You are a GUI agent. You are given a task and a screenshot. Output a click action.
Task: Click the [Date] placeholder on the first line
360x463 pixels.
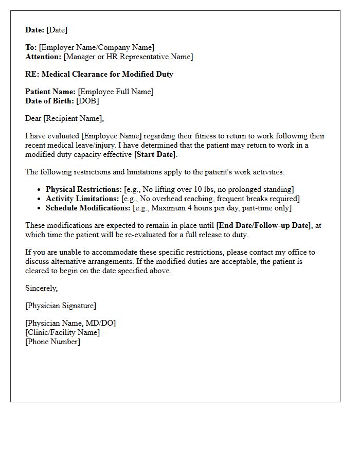click(57, 30)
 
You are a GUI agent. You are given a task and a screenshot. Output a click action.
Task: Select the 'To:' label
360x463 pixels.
click(31, 48)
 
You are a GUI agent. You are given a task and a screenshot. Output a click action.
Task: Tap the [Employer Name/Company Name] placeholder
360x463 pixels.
click(97, 48)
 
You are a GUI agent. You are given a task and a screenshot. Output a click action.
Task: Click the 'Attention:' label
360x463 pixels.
click(43, 57)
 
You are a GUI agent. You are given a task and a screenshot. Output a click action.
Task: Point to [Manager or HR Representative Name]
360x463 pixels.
click(128, 57)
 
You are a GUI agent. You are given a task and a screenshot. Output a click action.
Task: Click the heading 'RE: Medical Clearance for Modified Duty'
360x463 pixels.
click(99, 74)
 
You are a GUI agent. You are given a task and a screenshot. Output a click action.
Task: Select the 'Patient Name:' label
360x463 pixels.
click(50, 92)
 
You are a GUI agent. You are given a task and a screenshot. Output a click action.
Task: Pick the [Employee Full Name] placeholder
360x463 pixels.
click(116, 92)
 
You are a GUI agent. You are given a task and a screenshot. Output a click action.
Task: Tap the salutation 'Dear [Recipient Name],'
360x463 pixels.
click(64, 118)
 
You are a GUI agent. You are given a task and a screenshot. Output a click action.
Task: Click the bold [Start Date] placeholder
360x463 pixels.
click(154, 154)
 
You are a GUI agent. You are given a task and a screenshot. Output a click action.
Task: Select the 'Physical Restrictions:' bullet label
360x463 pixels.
click(84, 189)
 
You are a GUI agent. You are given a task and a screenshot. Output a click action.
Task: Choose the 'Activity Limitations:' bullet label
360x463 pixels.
click(82, 199)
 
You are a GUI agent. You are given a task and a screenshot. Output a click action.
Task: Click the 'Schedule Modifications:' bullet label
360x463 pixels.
click(88, 208)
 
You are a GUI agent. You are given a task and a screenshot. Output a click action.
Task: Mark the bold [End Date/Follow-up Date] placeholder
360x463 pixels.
click(263, 225)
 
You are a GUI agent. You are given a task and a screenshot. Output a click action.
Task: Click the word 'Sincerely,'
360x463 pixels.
click(42, 288)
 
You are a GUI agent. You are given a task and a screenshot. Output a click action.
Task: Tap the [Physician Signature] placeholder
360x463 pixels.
click(61, 306)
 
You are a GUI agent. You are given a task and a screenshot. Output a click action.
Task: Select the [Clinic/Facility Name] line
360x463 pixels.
click(63, 332)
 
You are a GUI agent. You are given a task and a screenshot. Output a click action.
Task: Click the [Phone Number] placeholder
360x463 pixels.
click(52, 342)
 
